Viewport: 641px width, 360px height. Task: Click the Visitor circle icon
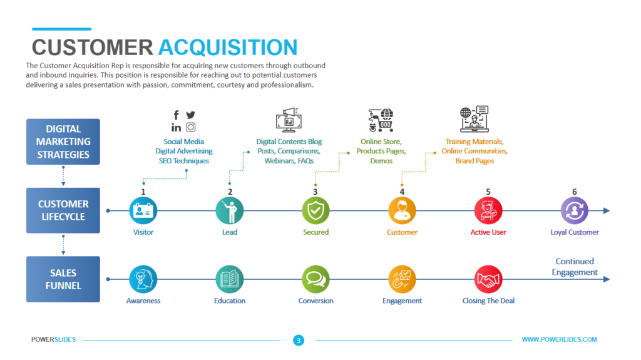coord(143,211)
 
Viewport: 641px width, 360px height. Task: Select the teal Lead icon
coord(230,211)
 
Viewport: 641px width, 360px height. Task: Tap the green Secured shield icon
coord(315,211)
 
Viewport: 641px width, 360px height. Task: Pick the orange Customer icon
coord(402,211)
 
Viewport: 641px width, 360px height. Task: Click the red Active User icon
coord(488,211)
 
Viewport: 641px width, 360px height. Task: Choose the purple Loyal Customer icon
coord(575,211)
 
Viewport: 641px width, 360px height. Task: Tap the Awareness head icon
coord(143,279)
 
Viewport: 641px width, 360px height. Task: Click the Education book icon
coord(230,279)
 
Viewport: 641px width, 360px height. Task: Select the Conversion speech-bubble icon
coord(315,279)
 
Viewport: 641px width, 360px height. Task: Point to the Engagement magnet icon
coord(402,279)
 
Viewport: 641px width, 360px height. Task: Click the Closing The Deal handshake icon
coord(488,279)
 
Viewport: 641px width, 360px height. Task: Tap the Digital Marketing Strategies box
coord(63,142)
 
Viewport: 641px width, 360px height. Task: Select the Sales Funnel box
coord(63,279)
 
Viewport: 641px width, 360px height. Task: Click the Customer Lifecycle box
coord(63,210)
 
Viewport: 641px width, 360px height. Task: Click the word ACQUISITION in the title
coord(228,48)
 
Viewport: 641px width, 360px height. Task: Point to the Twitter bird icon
coord(190,115)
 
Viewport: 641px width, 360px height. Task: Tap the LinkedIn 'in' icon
coord(177,128)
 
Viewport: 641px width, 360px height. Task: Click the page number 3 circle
coord(299,340)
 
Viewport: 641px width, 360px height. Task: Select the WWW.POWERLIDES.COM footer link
coord(559,339)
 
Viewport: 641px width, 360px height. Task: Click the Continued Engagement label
coord(575,267)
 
